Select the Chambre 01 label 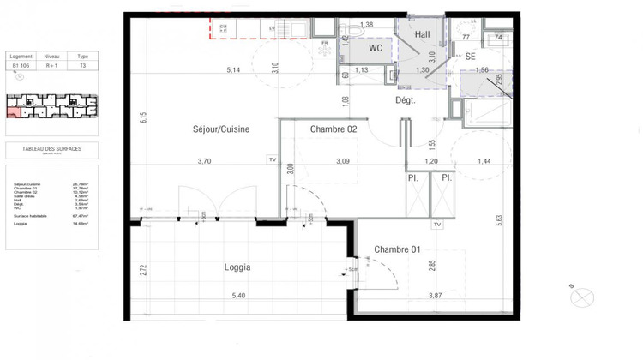point(397,249)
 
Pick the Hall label point(422,34)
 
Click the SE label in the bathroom point(470,56)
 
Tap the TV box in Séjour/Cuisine point(273,160)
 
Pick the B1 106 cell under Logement point(21,64)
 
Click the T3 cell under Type point(83,64)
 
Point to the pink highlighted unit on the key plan point(15,112)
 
